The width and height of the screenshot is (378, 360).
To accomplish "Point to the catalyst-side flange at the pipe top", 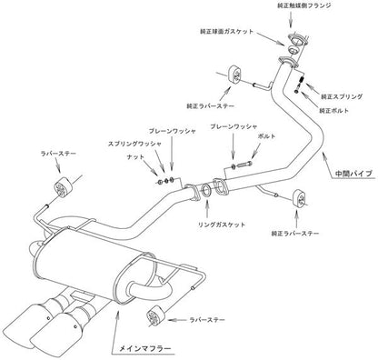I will click(293, 40).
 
